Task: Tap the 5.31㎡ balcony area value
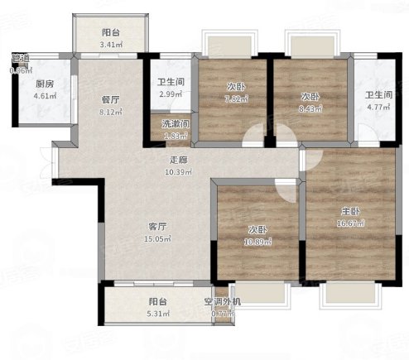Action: (159, 314)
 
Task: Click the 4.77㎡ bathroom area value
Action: (378, 106)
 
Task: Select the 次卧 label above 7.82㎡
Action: (235, 86)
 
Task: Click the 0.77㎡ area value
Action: (222, 314)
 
